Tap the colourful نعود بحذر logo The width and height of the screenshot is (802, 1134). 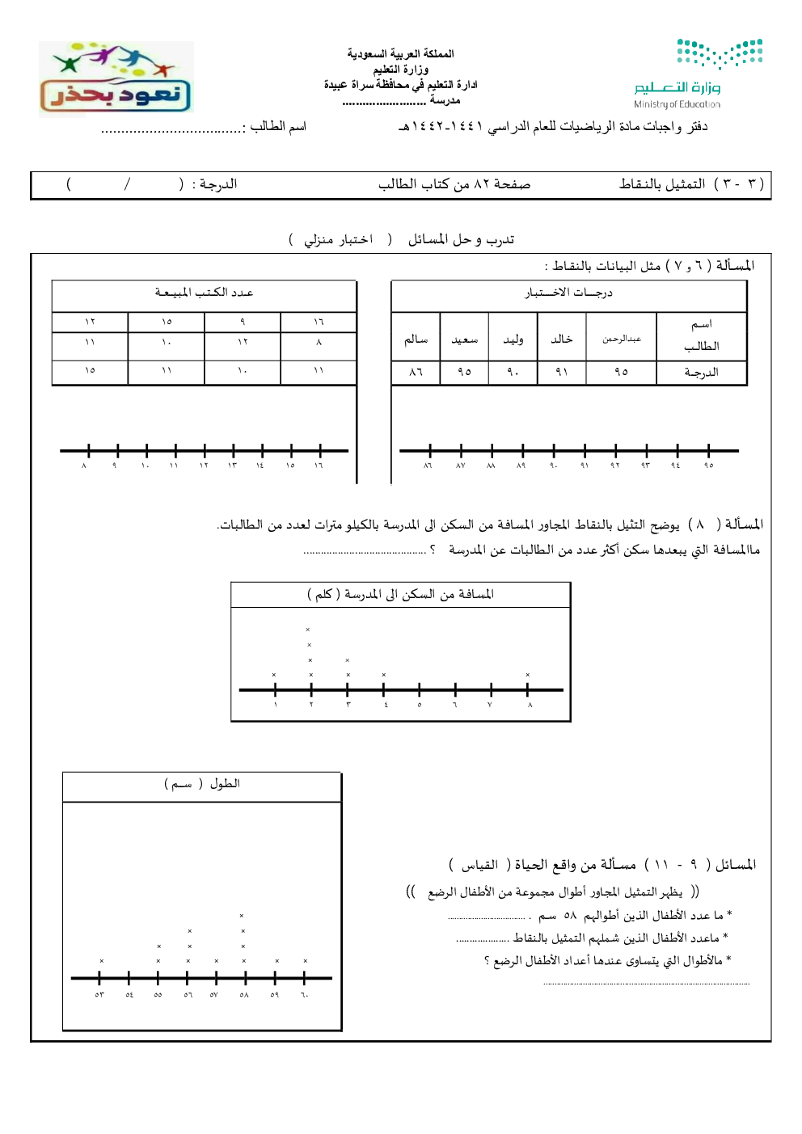point(116,79)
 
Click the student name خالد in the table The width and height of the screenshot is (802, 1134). point(562,339)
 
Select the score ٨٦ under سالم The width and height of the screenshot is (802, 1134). point(416,373)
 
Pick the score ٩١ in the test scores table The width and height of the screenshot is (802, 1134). point(562,373)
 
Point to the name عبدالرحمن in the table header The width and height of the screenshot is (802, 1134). point(621,339)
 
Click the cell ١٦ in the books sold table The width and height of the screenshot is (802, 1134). point(319,322)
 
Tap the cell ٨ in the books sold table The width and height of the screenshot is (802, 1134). point(319,342)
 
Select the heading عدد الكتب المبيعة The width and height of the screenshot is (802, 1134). point(204,293)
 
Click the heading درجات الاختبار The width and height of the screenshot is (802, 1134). point(568,293)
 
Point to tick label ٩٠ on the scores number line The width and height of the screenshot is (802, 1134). point(553,466)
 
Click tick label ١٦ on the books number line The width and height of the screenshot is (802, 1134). point(319,466)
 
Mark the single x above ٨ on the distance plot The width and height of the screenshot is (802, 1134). point(528,675)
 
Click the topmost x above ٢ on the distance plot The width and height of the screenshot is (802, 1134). point(308,630)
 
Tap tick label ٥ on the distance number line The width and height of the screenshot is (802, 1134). point(420,705)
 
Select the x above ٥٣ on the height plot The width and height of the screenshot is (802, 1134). point(102,961)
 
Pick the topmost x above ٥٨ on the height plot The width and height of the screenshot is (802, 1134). point(242,916)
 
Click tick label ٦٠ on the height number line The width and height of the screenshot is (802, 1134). point(305,995)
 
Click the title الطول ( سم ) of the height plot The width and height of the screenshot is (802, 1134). point(202,784)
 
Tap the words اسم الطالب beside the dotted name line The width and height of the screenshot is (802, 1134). point(278,126)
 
